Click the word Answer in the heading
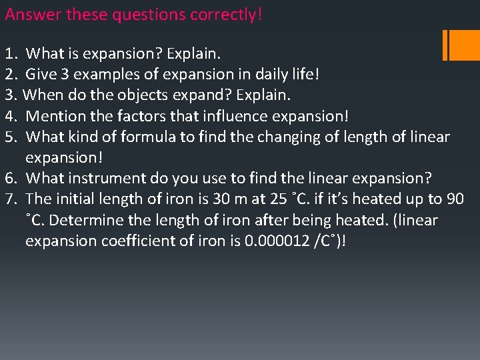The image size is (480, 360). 30,14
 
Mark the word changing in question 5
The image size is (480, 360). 293,137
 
